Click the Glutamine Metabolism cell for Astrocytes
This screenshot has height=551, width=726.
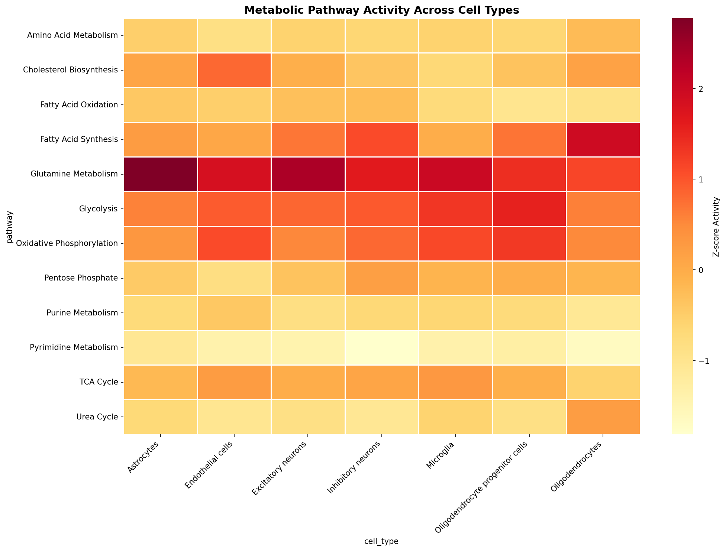point(161,174)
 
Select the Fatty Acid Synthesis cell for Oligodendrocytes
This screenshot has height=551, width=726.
point(603,139)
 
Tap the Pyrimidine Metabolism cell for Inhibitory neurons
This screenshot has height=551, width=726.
point(382,347)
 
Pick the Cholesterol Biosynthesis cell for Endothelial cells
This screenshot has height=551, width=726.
point(234,70)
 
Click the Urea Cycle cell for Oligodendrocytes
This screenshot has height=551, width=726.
point(603,417)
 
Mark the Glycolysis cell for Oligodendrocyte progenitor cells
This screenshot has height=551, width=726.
point(529,209)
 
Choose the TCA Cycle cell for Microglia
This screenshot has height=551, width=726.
point(455,382)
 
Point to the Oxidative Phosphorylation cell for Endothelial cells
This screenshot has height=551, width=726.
point(234,243)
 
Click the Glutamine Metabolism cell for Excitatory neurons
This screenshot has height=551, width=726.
point(308,174)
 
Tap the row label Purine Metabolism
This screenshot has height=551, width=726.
point(83,313)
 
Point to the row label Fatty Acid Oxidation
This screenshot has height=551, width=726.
point(79,105)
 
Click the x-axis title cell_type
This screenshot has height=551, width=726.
point(382,541)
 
